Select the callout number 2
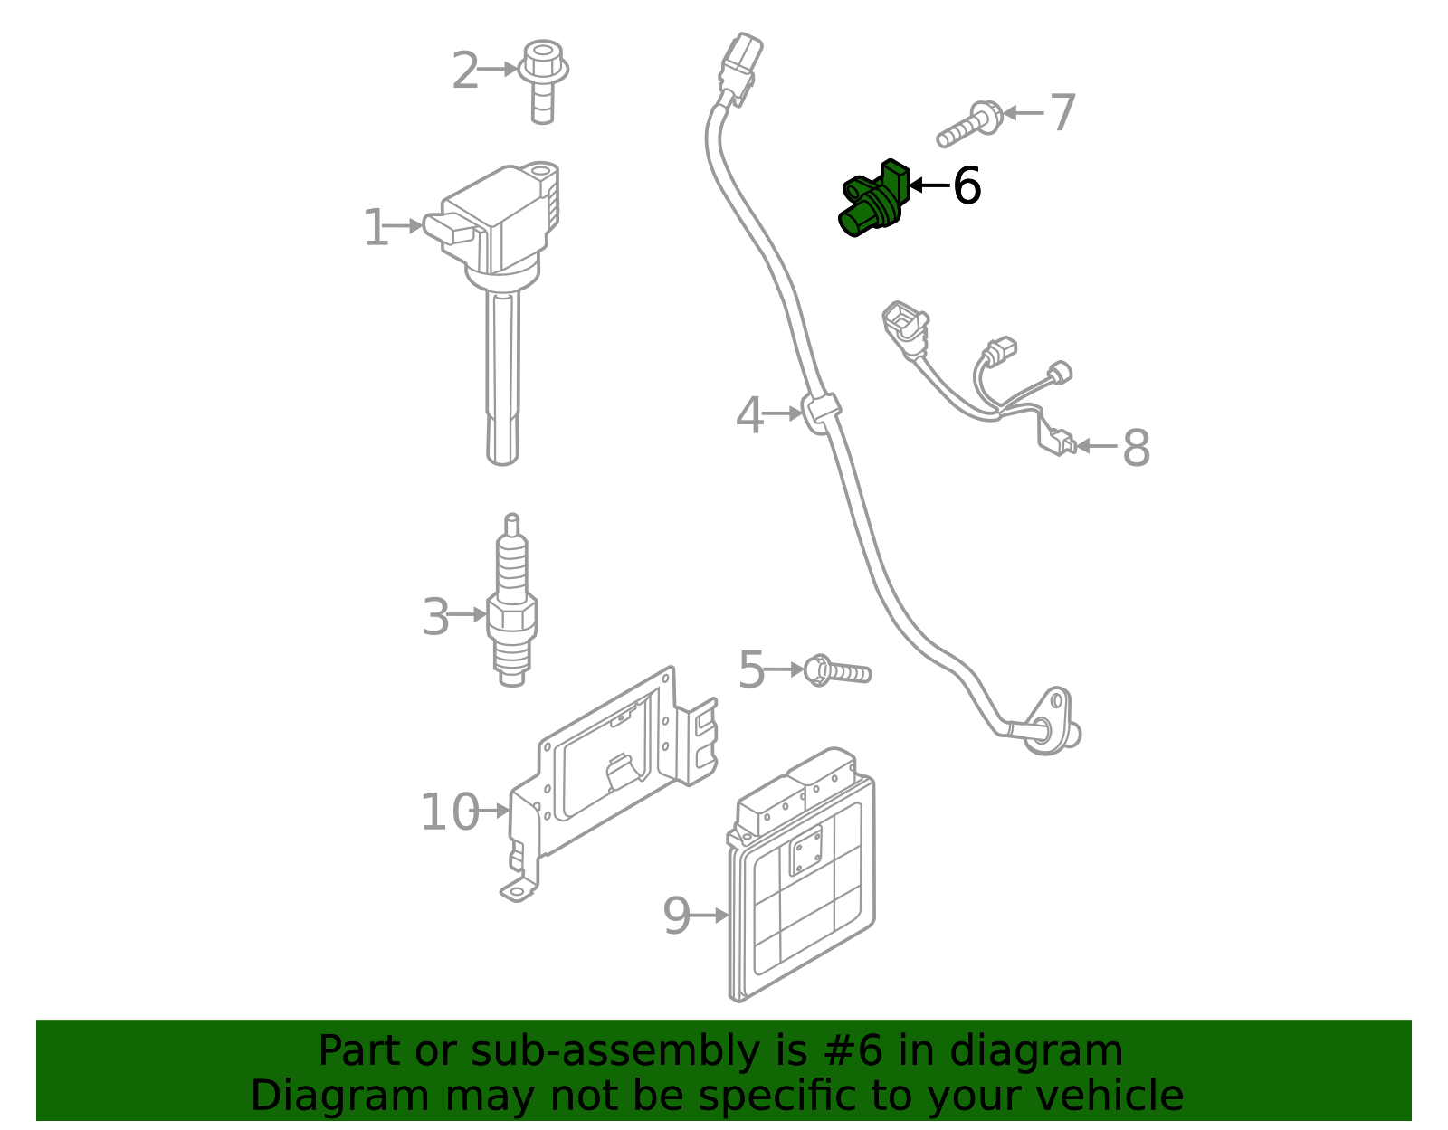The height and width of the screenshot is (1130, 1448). click(x=464, y=71)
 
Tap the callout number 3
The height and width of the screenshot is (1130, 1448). click(x=435, y=617)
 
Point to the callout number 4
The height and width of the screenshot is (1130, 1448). click(x=749, y=416)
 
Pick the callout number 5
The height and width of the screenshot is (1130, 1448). click(x=751, y=670)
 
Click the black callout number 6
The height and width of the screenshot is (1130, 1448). click(x=967, y=185)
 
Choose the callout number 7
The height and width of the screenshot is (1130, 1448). click(x=1062, y=113)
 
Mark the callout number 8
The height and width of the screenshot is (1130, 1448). click(x=1136, y=447)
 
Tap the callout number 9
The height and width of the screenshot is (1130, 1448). click(x=676, y=916)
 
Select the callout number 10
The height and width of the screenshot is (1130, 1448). click(x=449, y=812)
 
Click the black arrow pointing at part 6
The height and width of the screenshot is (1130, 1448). click(x=927, y=185)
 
